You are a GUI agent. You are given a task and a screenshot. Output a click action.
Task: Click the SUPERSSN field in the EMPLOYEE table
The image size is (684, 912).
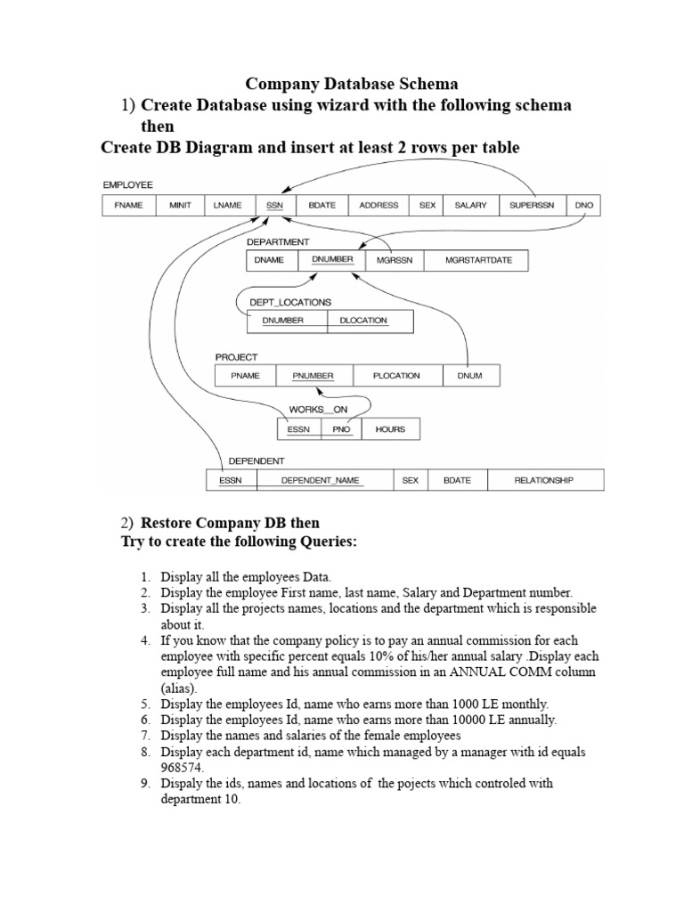point(532,206)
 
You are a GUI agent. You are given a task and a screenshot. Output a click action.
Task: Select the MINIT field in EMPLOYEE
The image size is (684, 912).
point(182,206)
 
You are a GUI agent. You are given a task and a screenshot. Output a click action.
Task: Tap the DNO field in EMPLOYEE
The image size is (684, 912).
point(583,206)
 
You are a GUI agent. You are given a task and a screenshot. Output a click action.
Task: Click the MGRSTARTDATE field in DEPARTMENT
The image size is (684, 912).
point(474,260)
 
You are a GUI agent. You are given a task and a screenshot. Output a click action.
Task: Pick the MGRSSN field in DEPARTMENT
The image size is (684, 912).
point(393,260)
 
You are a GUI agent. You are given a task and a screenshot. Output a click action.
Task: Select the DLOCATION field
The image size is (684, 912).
point(370,321)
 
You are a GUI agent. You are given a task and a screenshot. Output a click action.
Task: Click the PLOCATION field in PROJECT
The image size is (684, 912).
point(397,376)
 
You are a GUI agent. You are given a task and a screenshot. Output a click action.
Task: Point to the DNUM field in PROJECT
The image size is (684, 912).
point(470,376)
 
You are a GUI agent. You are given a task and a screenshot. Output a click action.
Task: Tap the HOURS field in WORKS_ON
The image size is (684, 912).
point(390,429)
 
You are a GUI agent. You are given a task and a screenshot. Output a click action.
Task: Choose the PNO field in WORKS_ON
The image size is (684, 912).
point(342,429)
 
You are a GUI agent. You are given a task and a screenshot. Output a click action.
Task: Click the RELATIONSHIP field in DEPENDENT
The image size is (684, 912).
point(543,481)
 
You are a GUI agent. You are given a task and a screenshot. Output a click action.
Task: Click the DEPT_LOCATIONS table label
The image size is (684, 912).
point(290,303)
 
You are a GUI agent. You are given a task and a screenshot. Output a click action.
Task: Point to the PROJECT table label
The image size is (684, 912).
point(236,357)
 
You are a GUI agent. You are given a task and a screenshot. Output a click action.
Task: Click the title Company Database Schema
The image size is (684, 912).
point(352,84)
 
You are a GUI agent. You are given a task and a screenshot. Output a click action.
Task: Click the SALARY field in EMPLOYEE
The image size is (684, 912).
point(471,206)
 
